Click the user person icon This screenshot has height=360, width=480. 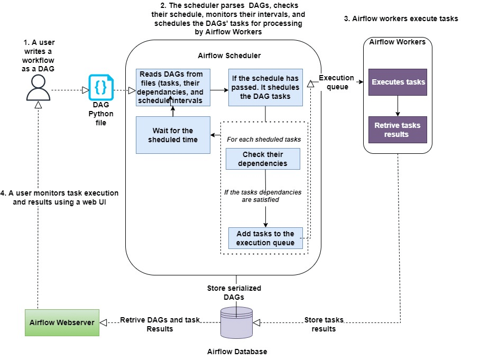pyautogui.click(x=38, y=88)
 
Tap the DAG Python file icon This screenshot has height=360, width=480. pyautogui.click(x=100, y=87)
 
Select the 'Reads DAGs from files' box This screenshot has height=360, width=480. pyautogui.click(x=173, y=87)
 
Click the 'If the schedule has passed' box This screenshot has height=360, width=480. pyautogui.click(x=265, y=87)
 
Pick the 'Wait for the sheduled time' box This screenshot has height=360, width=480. pyautogui.click(x=173, y=135)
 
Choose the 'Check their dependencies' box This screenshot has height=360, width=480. pyautogui.click(x=263, y=159)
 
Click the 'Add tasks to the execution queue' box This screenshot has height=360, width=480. pyautogui.click(x=265, y=238)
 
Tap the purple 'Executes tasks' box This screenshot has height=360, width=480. pyautogui.click(x=398, y=82)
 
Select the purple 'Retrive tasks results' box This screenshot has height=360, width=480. pyautogui.click(x=398, y=130)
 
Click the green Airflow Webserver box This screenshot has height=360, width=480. pyautogui.click(x=62, y=322)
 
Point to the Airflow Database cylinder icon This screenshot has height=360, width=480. pyautogui.click(x=236, y=322)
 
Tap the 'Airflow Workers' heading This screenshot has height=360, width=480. pyautogui.click(x=397, y=42)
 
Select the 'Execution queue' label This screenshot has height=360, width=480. pyautogui.click(x=337, y=82)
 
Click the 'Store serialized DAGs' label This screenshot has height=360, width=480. pyautogui.click(x=234, y=292)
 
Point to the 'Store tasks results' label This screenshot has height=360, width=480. pyautogui.click(x=324, y=324)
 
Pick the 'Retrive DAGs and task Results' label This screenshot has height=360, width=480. pyautogui.click(x=160, y=324)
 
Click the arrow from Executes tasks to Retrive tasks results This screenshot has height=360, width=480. pyautogui.click(x=398, y=106)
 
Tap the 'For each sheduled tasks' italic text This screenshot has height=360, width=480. pyautogui.click(x=263, y=140)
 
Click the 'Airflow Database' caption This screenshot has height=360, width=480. pyautogui.click(x=237, y=352)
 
